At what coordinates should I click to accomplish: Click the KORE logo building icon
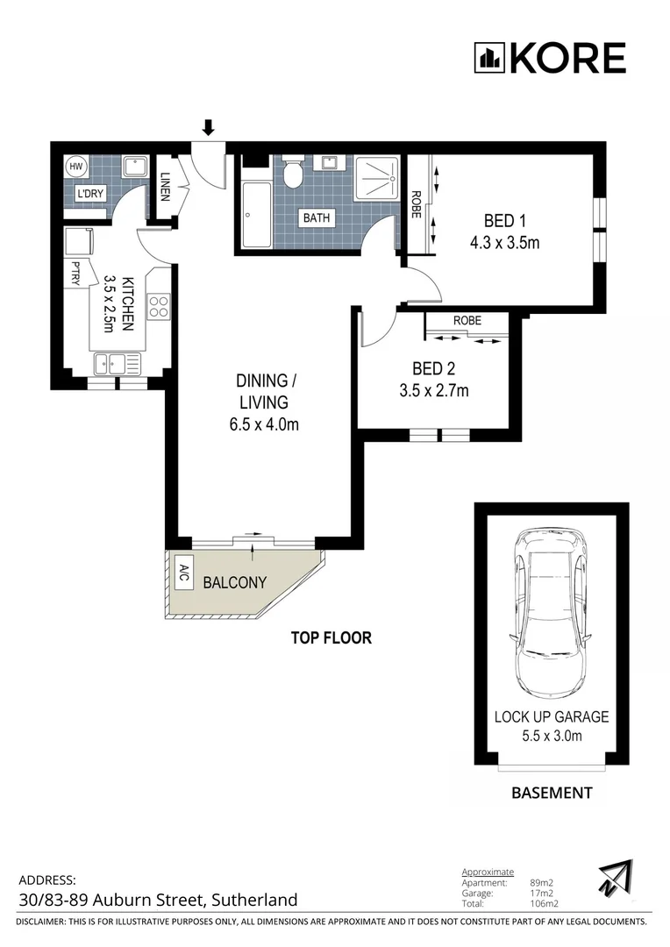(489, 58)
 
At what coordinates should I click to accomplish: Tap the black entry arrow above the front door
(209, 127)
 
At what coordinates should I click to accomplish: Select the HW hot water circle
(75, 167)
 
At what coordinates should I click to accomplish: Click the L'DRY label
(90, 194)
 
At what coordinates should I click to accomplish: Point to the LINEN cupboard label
(165, 188)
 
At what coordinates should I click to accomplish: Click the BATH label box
(317, 217)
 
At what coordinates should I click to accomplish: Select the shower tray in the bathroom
(377, 178)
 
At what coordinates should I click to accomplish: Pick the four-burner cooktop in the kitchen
(160, 306)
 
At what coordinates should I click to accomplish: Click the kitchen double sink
(118, 364)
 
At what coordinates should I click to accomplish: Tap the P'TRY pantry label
(76, 273)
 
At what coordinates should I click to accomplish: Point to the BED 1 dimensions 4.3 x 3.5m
(504, 243)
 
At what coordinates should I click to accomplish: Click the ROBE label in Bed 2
(467, 320)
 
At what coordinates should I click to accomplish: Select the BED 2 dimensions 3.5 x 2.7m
(434, 391)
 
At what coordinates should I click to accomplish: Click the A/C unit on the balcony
(182, 573)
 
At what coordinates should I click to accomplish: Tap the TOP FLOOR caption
(331, 637)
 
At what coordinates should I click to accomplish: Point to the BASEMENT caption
(552, 793)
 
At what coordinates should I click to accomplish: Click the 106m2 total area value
(544, 904)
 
